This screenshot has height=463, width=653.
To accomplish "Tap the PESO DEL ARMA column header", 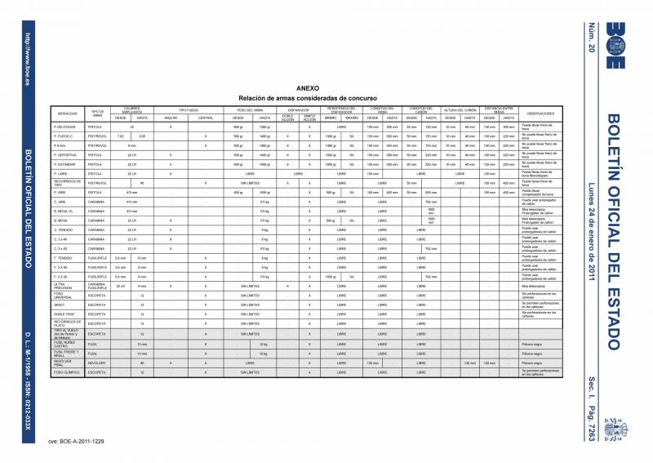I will pyautogui.click(x=253, y=109).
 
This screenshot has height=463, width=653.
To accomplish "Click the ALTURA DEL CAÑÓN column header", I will pyautogui.click(x=460, y=109).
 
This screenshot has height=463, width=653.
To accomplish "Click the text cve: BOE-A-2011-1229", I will pyautogui.click(x=76, y=441).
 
